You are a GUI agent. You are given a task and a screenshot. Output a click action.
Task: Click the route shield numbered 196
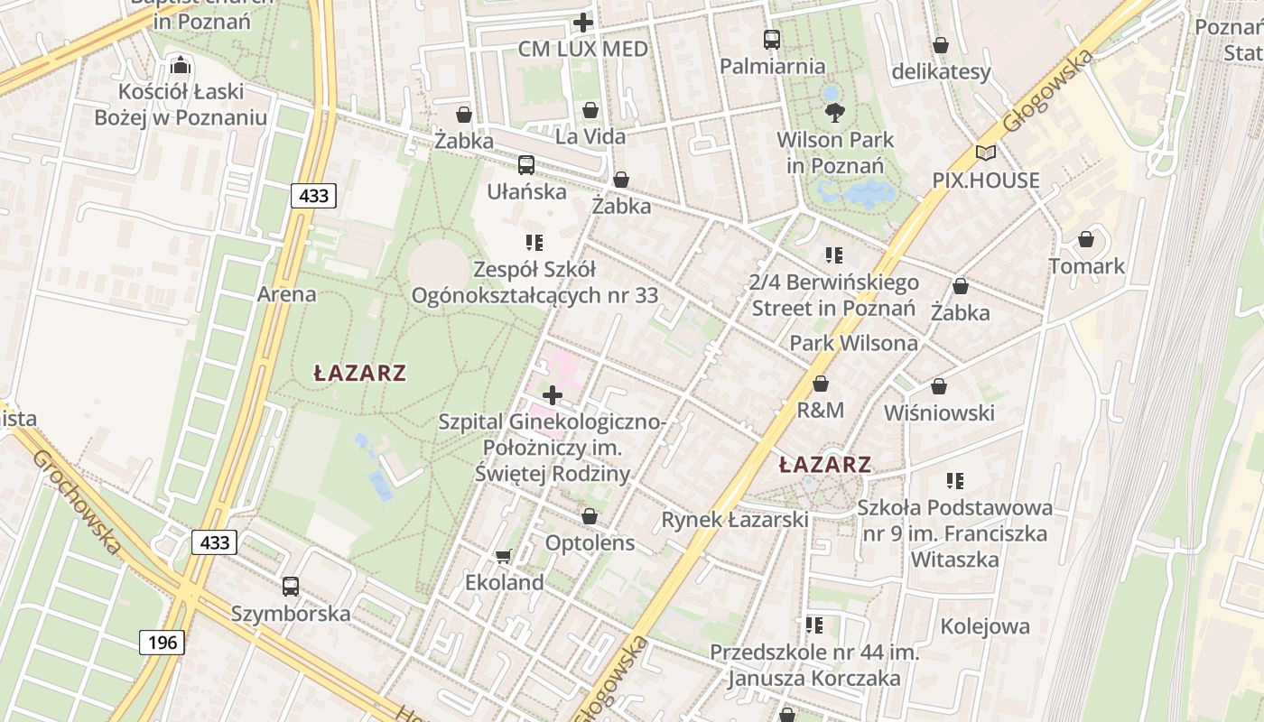tap(162, 643)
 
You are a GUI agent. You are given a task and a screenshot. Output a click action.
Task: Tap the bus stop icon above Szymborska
tap(291, 587)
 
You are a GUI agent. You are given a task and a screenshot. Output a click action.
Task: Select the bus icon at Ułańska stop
tap(526, 164)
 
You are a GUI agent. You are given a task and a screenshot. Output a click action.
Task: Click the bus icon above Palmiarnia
tap(772, 39)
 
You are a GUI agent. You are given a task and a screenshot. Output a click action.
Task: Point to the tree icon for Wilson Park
tap(835, 113)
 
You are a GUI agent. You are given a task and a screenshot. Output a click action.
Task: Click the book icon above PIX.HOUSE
tap(986, 153)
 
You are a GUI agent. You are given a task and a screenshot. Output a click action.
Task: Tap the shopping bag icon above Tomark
tap(1086, 239)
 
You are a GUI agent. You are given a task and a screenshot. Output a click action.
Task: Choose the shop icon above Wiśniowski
tap(939, 386)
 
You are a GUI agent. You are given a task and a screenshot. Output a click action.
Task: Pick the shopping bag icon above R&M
tap(821, 384)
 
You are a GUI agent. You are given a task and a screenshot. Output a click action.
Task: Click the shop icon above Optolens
tap(590, 516)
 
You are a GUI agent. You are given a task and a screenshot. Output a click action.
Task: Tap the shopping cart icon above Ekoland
tap(504, 556)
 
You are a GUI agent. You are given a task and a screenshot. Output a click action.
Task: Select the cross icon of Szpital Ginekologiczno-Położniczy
tap(552, 395)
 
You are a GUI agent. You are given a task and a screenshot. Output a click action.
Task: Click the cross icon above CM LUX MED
tap(583, 23)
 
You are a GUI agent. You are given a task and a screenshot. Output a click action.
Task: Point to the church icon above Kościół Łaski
tap(181, 65)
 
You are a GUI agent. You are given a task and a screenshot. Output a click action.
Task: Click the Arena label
tap(287, 294)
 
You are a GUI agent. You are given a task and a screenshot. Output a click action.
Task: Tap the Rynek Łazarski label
tap(735, 520)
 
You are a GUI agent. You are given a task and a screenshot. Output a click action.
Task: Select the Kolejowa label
tap(985, 626)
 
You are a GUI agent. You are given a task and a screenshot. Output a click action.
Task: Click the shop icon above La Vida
tap(590, 110)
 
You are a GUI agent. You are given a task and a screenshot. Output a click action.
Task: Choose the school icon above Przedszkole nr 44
tap(814, 625)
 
